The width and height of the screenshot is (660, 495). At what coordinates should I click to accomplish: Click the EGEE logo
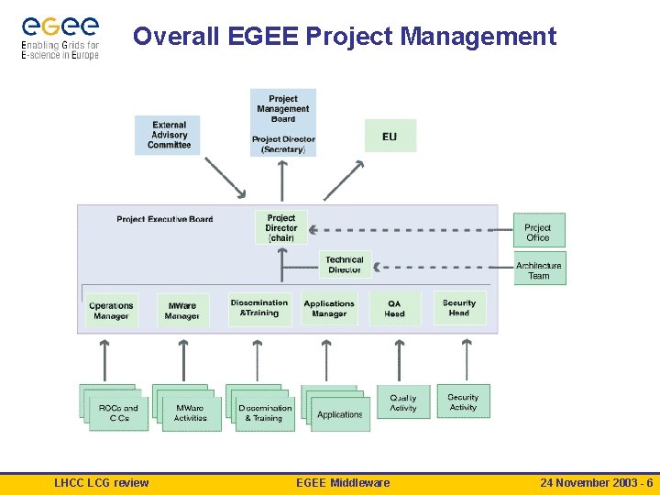point(60,37)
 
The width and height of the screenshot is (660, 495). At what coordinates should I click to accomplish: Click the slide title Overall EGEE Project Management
point(344,36)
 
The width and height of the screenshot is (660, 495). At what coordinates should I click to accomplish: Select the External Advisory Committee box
point(168,135)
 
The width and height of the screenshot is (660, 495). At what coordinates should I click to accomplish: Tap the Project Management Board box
point(283,122)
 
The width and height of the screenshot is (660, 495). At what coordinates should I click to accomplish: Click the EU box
point(390,136)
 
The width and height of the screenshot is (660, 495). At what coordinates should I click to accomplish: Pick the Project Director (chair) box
point(281,227)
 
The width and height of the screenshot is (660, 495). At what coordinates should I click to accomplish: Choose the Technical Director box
point(345,265)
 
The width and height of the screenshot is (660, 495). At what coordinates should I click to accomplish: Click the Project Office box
point(538,232)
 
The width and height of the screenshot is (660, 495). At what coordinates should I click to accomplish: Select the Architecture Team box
point(539,269)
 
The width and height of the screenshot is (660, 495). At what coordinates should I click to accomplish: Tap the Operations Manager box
point(111,311)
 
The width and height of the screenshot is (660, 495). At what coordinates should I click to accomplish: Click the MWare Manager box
point(181,311)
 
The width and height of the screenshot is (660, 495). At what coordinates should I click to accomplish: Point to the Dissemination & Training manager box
point(259,308)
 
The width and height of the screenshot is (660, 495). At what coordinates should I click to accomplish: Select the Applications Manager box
point(329,308)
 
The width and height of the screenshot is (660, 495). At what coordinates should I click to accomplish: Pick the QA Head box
point(394,308)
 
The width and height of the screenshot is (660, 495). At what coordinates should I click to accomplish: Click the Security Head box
point(458,308)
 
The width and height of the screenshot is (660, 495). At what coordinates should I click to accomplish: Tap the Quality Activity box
point(402,402)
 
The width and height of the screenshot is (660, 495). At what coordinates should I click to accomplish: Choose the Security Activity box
point(463,401)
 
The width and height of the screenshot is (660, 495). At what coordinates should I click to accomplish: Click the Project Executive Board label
point(165,219)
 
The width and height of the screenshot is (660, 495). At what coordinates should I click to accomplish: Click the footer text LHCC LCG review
point(102,483)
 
